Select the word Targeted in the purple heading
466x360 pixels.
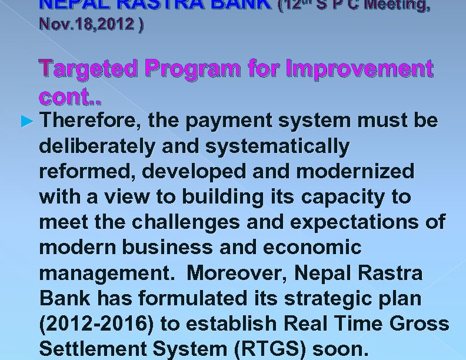point(92,70)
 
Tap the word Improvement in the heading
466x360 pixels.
point(359,70)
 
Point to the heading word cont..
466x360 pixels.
point(66,95)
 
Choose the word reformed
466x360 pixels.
point(88,171)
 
